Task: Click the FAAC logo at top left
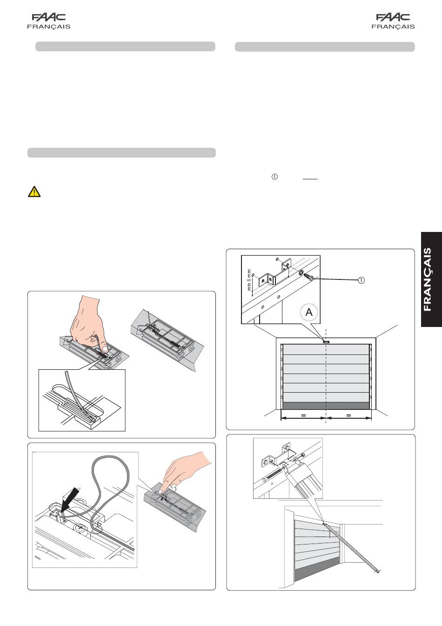48,17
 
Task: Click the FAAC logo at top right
393,17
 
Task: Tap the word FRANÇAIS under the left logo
48,27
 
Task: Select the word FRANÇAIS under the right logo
393,27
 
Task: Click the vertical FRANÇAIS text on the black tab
428,279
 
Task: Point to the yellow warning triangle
34,191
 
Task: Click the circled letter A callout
309,312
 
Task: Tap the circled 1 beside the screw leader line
361,280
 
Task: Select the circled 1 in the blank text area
275,177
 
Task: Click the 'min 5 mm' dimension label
249,280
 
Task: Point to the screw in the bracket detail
309,277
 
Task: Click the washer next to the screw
301,272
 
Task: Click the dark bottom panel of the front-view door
326,406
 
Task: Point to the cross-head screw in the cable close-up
80,528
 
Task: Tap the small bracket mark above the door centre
326,341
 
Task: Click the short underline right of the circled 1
310,178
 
